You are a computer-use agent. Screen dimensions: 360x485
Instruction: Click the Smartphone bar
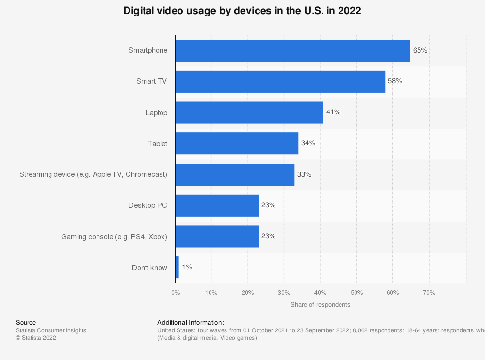(x=292, y=50)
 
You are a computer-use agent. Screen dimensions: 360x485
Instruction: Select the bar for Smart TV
(x=280, y=81)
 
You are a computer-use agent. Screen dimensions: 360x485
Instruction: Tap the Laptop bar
(x=249, y=112)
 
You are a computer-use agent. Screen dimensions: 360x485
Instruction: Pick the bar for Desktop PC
(x=217, y=205)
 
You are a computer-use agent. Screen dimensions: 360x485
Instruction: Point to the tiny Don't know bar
(x=177, y=267)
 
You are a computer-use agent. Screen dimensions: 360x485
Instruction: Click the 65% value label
(x=420, y=50)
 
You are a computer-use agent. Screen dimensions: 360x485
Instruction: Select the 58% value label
(x=395, y=81)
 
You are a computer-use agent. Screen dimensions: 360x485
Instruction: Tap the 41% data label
(x=333, y=112)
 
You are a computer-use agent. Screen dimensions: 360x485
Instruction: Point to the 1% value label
(x=187, y=267)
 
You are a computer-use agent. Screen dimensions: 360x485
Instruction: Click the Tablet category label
(x=158, y=144)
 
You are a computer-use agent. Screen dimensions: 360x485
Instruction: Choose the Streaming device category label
(x=93, y=174)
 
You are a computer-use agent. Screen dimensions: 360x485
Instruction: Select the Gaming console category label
(x=114, y=237)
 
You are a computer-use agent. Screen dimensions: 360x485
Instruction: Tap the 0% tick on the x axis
(x=176, y=293)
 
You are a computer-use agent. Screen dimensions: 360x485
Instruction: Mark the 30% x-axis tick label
(x=284, y=293)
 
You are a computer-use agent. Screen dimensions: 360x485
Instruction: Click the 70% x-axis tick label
(x=429, y=293)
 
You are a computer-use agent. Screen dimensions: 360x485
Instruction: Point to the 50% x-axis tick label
(x=356, y=293)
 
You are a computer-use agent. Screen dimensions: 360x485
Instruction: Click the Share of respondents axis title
(x=320, y=305)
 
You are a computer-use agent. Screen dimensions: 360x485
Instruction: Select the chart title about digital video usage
(x=242, y=11)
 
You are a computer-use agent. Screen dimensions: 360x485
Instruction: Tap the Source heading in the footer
(x=26, y=323)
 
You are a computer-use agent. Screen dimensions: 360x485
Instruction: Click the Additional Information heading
(x=191, y=323)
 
